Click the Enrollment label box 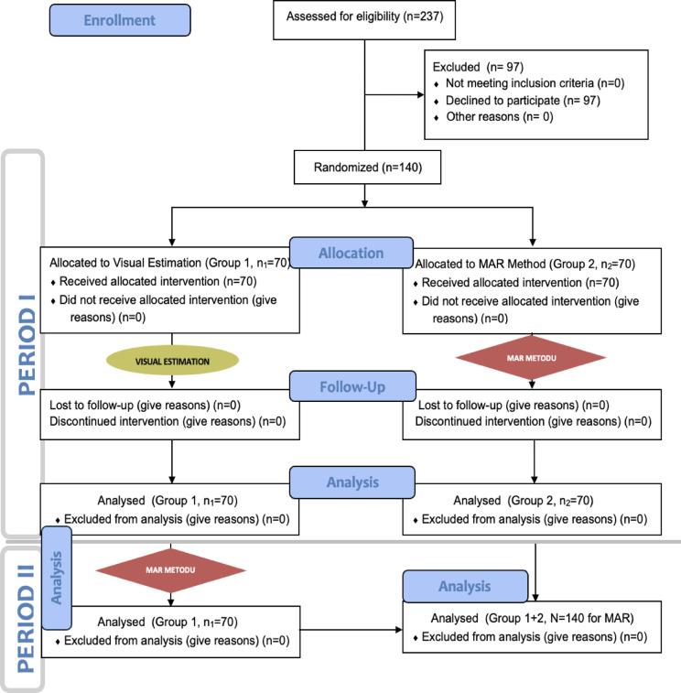[x=121, y=20]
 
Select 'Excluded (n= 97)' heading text [x=475, y=67]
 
